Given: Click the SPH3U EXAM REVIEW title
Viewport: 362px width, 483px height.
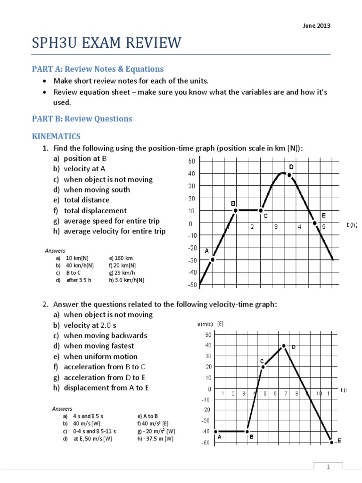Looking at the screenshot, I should tap(106, 43).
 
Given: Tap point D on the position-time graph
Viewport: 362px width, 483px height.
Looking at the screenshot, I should tap(289, 175).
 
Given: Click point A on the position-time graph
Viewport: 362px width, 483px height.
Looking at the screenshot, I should tap(213, 259).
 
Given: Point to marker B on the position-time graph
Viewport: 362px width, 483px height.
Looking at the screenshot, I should tap(236, 210).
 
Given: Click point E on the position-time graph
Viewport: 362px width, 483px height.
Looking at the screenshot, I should tap(314, 223).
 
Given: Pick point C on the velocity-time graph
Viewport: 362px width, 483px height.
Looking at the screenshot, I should tap(263, 366).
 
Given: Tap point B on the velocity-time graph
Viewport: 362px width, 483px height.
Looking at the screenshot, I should tap(247, 431).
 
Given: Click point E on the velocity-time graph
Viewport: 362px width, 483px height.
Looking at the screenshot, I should tap(331, 442).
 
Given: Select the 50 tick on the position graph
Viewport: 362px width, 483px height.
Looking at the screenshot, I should tap(191, 161).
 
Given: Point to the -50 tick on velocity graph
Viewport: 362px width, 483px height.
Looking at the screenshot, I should tap(206, 442).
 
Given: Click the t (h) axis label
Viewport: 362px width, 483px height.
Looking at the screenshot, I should tap(352, 225).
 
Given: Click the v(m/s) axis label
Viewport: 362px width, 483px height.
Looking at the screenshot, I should tap(205, 324).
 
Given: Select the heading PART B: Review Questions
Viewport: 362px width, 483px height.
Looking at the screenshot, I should tap(82, 118).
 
